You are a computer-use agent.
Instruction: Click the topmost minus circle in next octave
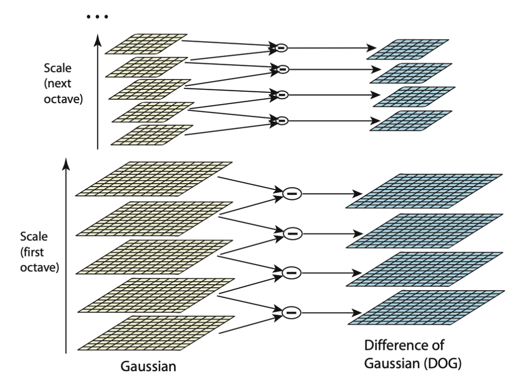tap(281, 48)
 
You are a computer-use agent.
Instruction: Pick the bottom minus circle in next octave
tap(281, 120)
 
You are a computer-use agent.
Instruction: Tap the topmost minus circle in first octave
tap(291, 193)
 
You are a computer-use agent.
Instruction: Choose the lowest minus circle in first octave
tap(291, 311)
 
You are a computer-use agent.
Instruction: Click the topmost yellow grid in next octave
tap(146, 43)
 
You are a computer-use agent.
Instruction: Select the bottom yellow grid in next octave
tap(152, 135)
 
